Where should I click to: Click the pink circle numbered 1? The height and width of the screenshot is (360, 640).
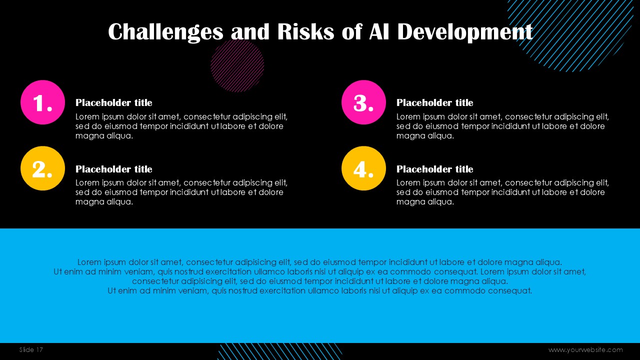point(43,102)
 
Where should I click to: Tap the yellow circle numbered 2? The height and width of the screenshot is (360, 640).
point(43,168)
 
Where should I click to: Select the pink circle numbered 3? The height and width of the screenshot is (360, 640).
point(363,102)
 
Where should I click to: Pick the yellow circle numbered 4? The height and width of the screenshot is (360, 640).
point(363,168)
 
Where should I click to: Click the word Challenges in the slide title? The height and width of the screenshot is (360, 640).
point(165,32)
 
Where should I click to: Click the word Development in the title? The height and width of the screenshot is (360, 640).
point(465,32)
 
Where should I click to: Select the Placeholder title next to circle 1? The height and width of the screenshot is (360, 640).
point(113,103)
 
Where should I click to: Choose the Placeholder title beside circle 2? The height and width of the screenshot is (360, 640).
point(113,169)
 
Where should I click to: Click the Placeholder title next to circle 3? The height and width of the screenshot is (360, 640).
point(434,103)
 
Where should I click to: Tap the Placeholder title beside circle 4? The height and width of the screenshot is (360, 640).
point(434,169)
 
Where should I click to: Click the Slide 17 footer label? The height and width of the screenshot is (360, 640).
point(31,349)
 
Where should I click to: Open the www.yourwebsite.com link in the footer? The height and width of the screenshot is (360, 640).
point(585,350)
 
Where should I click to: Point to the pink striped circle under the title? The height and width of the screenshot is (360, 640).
point(237,65)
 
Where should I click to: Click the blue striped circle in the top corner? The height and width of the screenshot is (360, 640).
point(570,31)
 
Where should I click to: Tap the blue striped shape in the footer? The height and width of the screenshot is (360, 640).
point(279,351)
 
